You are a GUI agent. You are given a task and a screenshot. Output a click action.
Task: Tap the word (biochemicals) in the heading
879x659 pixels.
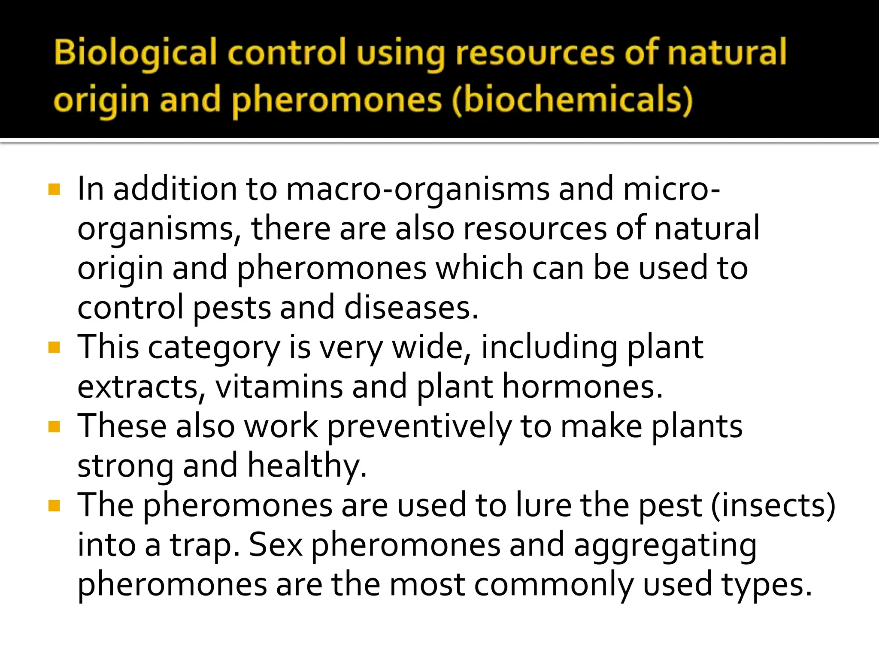pos(573,101)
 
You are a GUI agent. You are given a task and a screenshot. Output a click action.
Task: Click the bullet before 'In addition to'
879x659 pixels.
pos(54,189)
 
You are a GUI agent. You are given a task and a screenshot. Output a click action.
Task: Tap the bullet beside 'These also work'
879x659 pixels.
pos(54,426)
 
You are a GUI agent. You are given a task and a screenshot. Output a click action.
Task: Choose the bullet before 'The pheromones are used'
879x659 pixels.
pos(54,506)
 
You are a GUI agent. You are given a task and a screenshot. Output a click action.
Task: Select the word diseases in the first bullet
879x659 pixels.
pos(411,308)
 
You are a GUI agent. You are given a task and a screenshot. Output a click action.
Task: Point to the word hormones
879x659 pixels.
pos(582,387)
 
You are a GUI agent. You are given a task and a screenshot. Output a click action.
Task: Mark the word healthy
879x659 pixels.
pos(307,466)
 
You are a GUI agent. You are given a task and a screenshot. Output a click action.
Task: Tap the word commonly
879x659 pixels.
pos(554,585)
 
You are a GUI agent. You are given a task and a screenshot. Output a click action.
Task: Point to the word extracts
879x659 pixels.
pos(138,387)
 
